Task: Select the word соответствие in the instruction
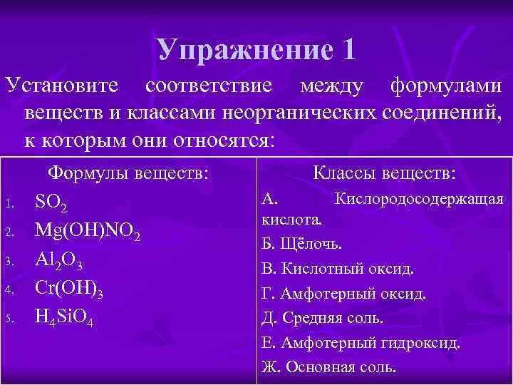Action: [x=207, y=88]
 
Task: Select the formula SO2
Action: [x=51, y=205]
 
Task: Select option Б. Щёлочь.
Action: [x=301, y=245]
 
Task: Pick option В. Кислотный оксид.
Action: [x=338, y=269]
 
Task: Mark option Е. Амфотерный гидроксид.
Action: [x=361, y=343]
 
